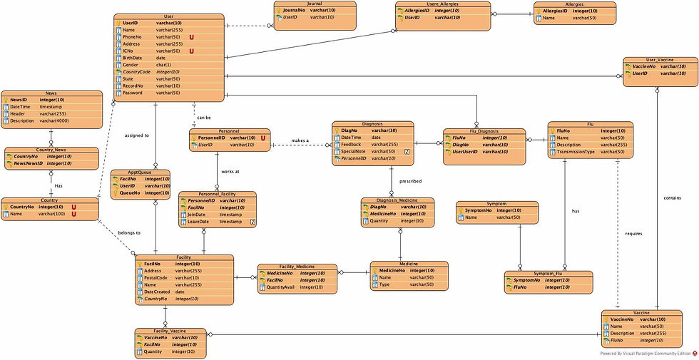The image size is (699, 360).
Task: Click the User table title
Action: (169, 16)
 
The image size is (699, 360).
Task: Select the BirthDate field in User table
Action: (133, 58)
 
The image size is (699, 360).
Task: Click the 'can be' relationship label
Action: (205, 117)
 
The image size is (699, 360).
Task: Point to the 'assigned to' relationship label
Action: (136, 135)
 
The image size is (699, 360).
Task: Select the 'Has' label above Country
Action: (58, 185)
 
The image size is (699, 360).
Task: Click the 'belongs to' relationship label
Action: (128, 233)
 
